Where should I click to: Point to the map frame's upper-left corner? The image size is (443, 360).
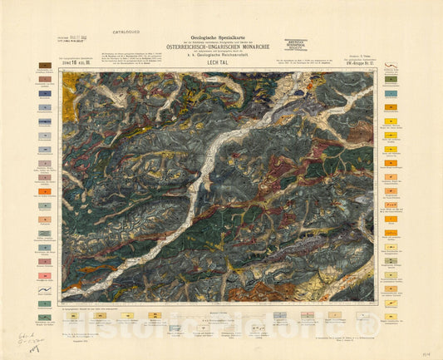point(62,69)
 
